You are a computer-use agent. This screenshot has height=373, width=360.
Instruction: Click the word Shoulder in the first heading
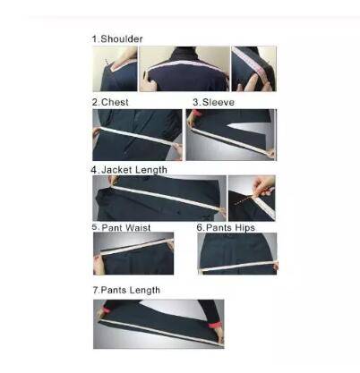click(122, 39)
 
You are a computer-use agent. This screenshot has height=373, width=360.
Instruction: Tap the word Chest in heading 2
click(115, 102)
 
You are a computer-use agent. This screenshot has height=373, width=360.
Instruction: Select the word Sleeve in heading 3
click(219, 102)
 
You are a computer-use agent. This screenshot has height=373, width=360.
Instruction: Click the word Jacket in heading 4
click(116, 170)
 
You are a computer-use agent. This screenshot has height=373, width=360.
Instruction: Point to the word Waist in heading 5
click(138, 228)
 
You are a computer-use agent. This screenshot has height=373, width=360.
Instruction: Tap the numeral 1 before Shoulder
click(95, 39)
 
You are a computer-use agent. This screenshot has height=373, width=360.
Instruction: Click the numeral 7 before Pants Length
click(96, 290)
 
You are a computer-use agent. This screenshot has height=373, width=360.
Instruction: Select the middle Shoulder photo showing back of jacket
click(184, 69)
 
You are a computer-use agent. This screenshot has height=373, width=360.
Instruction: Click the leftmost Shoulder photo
click(115, 69)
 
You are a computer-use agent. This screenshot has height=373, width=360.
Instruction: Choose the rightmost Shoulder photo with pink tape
click(254, 69)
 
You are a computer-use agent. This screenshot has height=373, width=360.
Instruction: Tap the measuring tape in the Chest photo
click(137, 136)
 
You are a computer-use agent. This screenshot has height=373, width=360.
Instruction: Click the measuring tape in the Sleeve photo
click(232, 141)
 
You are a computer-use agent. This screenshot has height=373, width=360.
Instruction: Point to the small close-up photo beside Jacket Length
click(252, 199)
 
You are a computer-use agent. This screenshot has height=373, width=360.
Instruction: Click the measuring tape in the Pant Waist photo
click(133, 248)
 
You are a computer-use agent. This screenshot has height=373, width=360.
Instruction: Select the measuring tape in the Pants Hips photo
click(239, 266)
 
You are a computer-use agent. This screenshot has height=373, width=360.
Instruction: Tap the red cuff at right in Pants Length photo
click(215, 325)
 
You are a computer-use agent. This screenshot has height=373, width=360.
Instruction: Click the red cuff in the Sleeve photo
click(195, 114)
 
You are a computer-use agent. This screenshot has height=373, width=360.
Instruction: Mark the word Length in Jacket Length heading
click(150, 170)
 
